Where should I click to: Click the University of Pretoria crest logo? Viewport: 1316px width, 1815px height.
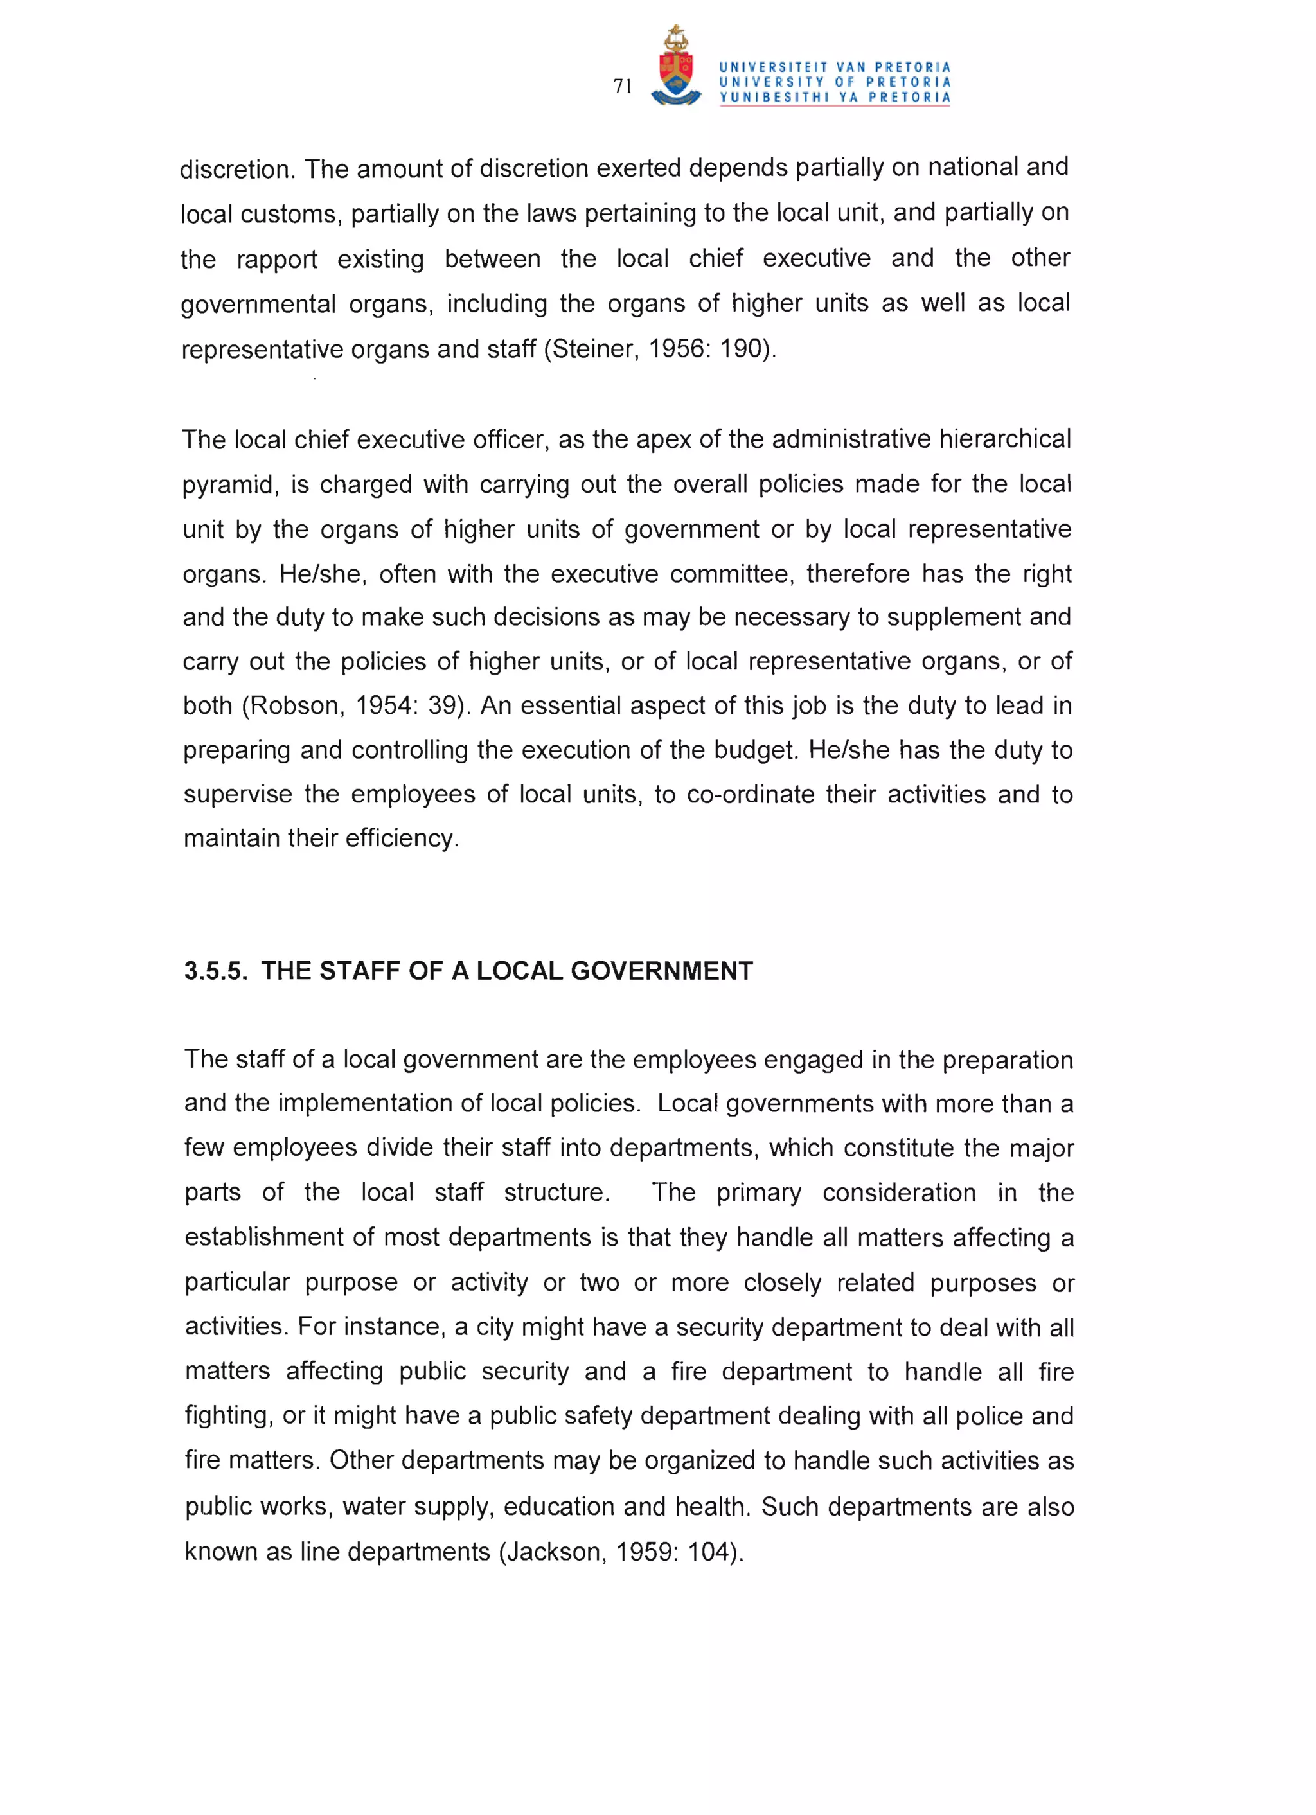(x=677, y=67)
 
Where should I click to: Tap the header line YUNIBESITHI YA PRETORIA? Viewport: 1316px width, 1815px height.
(x=834, y=98)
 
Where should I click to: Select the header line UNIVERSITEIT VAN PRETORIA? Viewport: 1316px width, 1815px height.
(x=834, y=67)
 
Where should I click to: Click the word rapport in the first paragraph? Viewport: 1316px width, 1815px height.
(x=277, y=260)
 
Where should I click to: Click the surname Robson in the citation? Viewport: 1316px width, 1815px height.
(x=298, y=706)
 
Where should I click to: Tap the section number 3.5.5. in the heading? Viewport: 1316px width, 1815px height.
(x=215, y=971)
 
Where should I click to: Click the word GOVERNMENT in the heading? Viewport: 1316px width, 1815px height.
(x=661, y=971)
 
